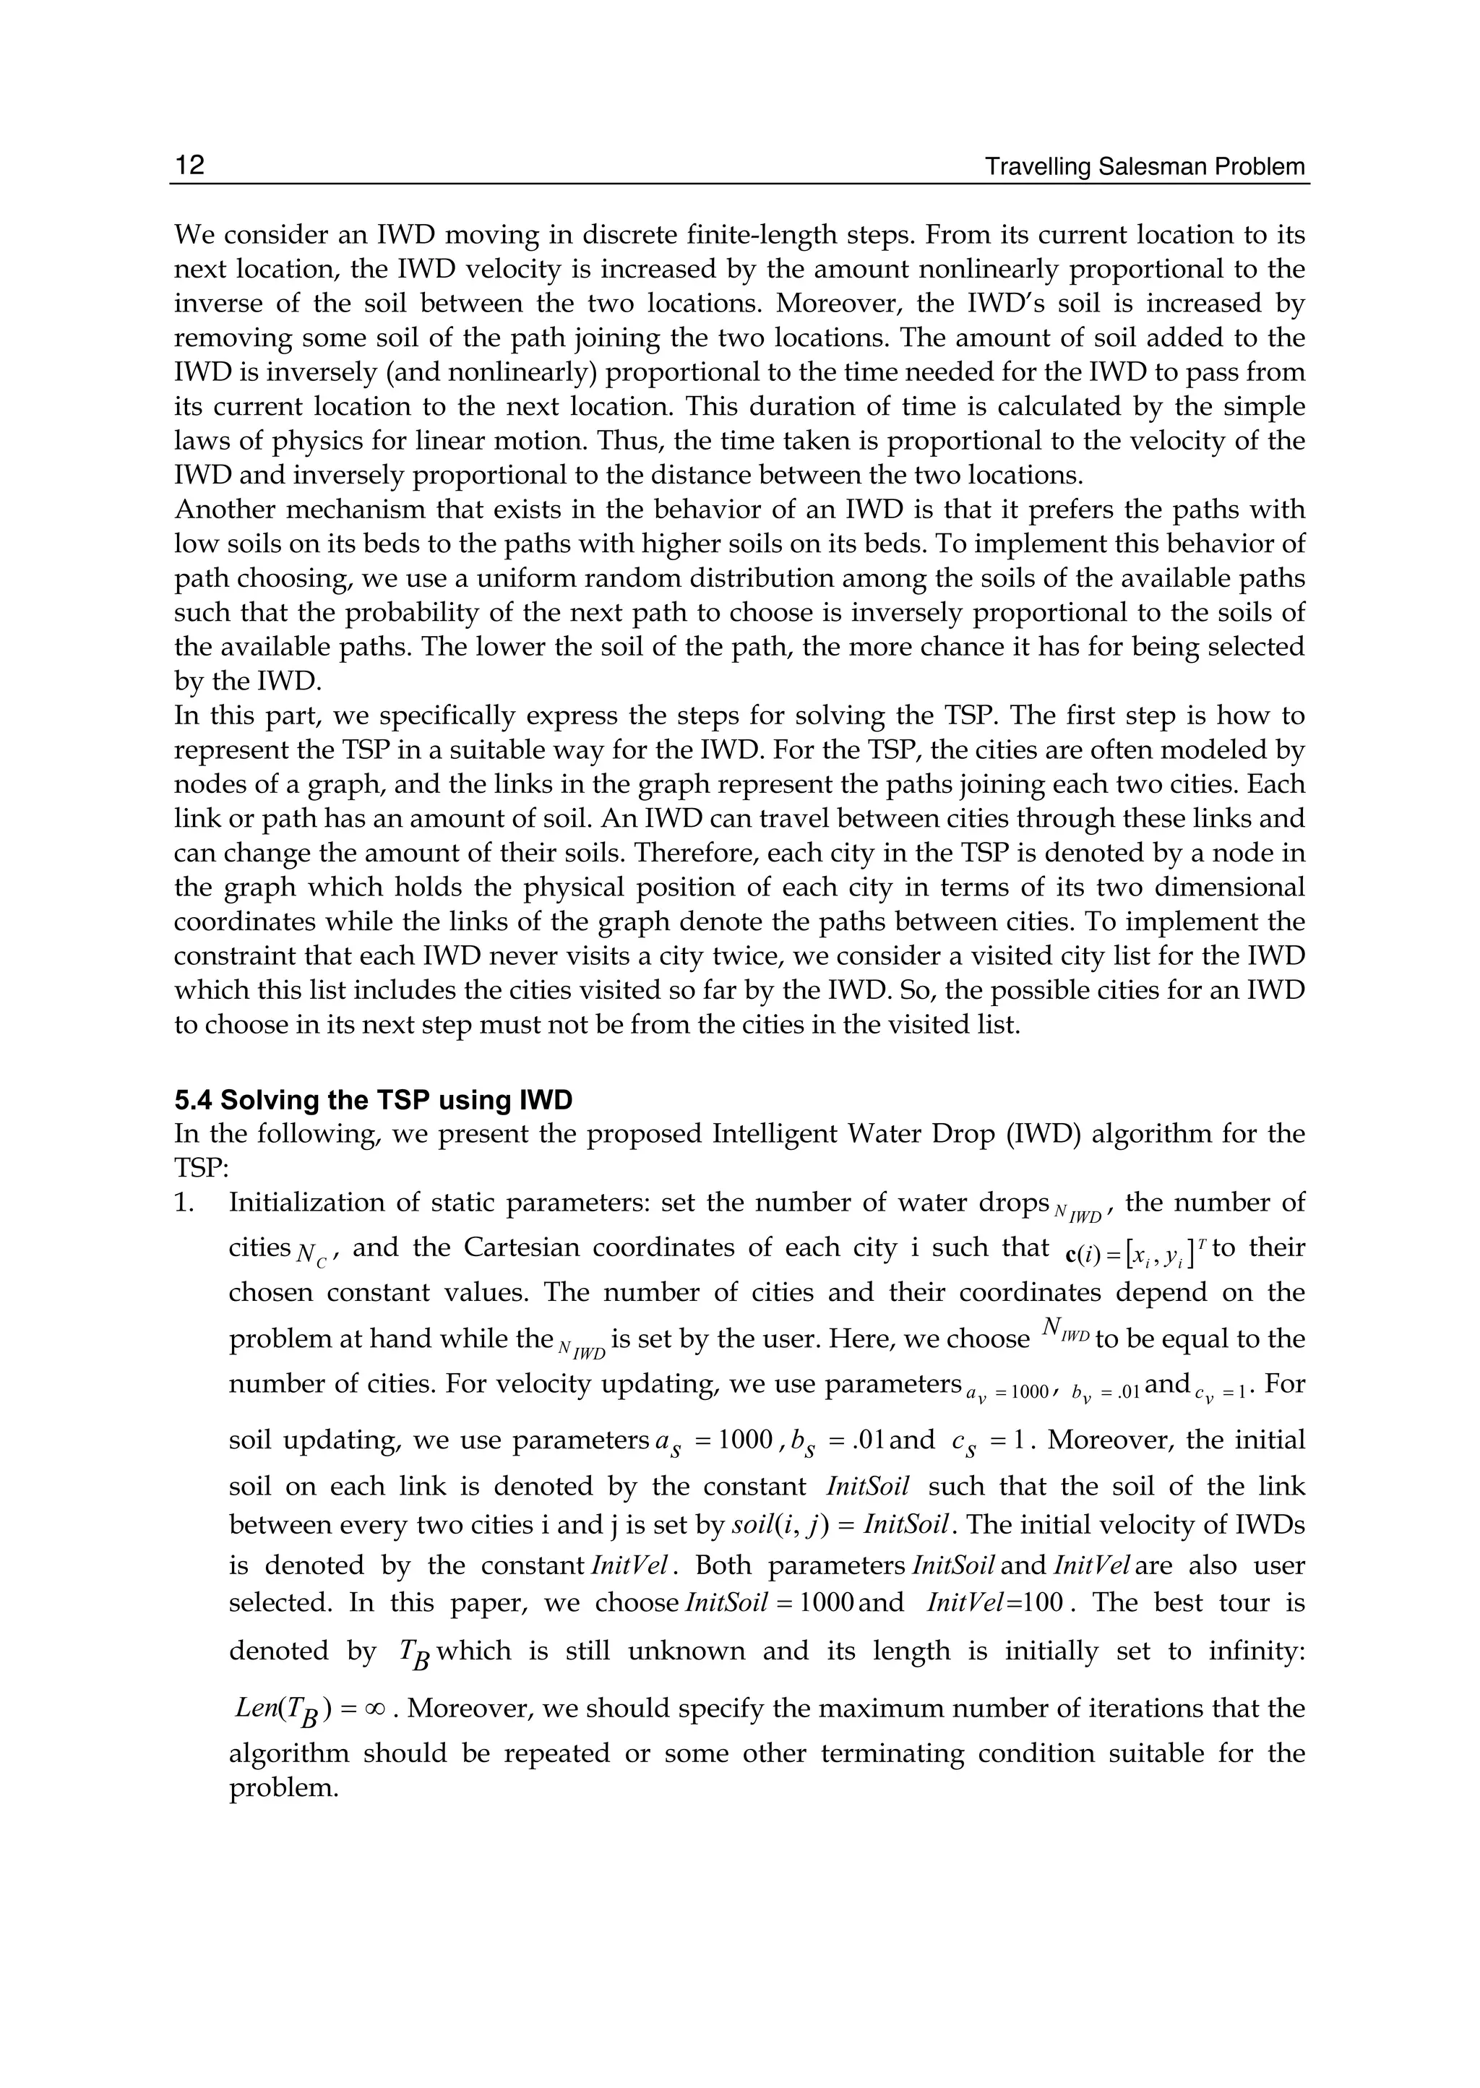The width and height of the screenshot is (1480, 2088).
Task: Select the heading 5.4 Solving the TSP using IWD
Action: pyautogui.click(x=373, y=1100)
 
